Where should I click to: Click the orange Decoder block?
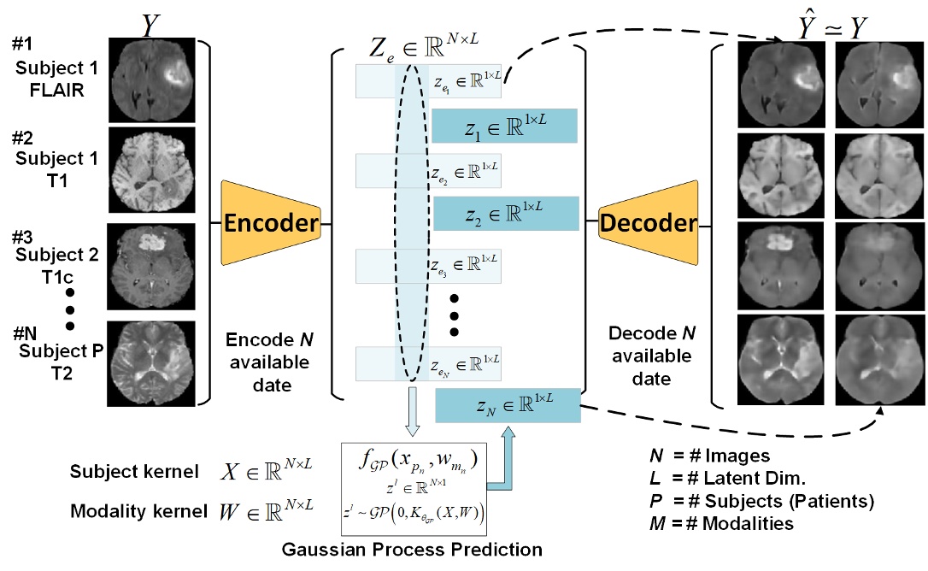tap(649, 224)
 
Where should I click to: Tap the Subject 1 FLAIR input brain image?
tap(151, 76)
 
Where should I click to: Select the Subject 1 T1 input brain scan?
tap(151, 169)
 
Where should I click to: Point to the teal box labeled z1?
tap(505, 125)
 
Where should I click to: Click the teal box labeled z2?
tap(506, 213)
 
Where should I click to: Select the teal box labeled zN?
tap(508, 404)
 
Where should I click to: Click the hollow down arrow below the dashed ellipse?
tap(412, 410)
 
